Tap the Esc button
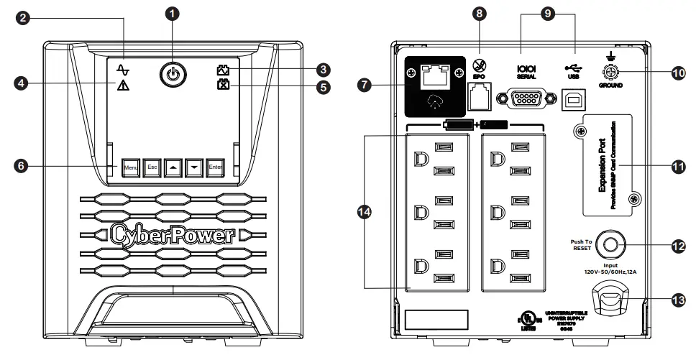151,167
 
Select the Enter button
215,167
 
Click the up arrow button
173,167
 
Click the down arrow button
193,167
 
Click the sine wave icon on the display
122,70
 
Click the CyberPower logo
172,234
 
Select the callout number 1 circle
172,13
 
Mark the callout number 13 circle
677,300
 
